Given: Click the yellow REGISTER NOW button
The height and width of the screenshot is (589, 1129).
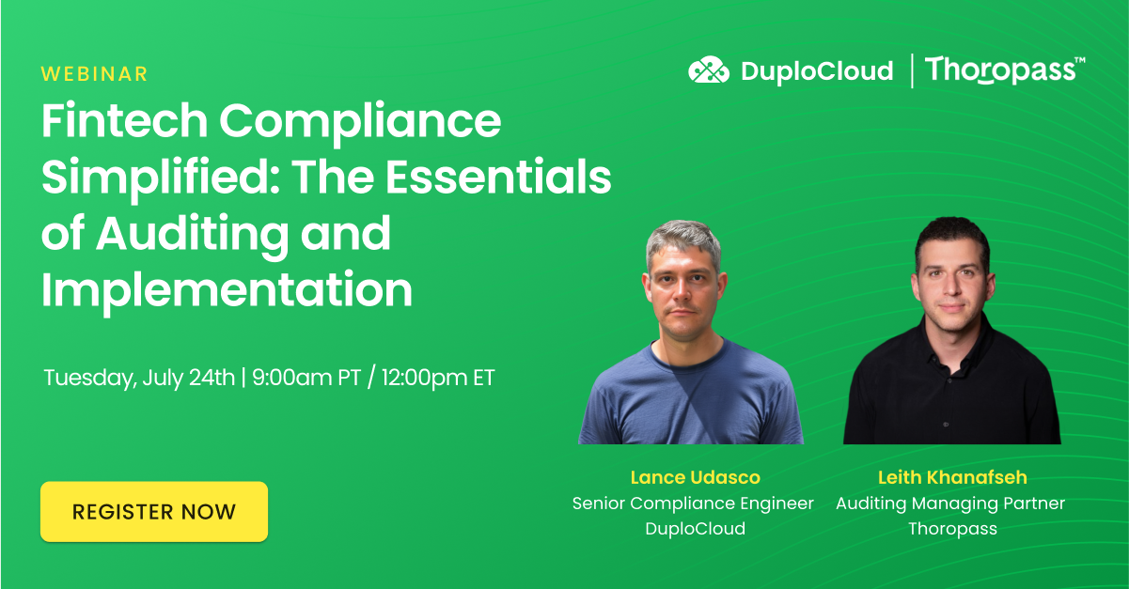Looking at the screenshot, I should click(x=154, y=512).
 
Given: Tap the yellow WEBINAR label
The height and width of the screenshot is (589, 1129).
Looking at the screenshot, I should click(x=95, y=74).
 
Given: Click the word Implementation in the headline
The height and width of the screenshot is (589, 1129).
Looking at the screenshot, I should click(x=227, y=289).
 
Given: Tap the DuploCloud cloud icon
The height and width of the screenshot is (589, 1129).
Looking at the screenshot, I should click(x=709, y=70).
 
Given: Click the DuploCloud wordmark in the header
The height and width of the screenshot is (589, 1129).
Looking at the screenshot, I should click(x=816, y=71).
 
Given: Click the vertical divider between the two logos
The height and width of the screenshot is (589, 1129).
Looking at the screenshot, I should click(x=911, y=70).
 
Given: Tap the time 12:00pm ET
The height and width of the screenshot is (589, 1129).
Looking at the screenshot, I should click(x=438, y=379).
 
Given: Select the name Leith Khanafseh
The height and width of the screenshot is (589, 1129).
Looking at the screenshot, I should click(x=951, y=478).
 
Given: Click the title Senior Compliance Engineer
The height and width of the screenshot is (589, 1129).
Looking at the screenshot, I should click(x=693, y=504).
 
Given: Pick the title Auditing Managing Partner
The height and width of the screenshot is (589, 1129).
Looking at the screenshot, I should click(x=950, y=504).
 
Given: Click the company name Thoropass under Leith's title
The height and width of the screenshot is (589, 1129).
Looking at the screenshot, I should click(x=951, y=528).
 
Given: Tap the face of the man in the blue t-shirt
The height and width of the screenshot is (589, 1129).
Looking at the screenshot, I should click(x=685, y=282).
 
